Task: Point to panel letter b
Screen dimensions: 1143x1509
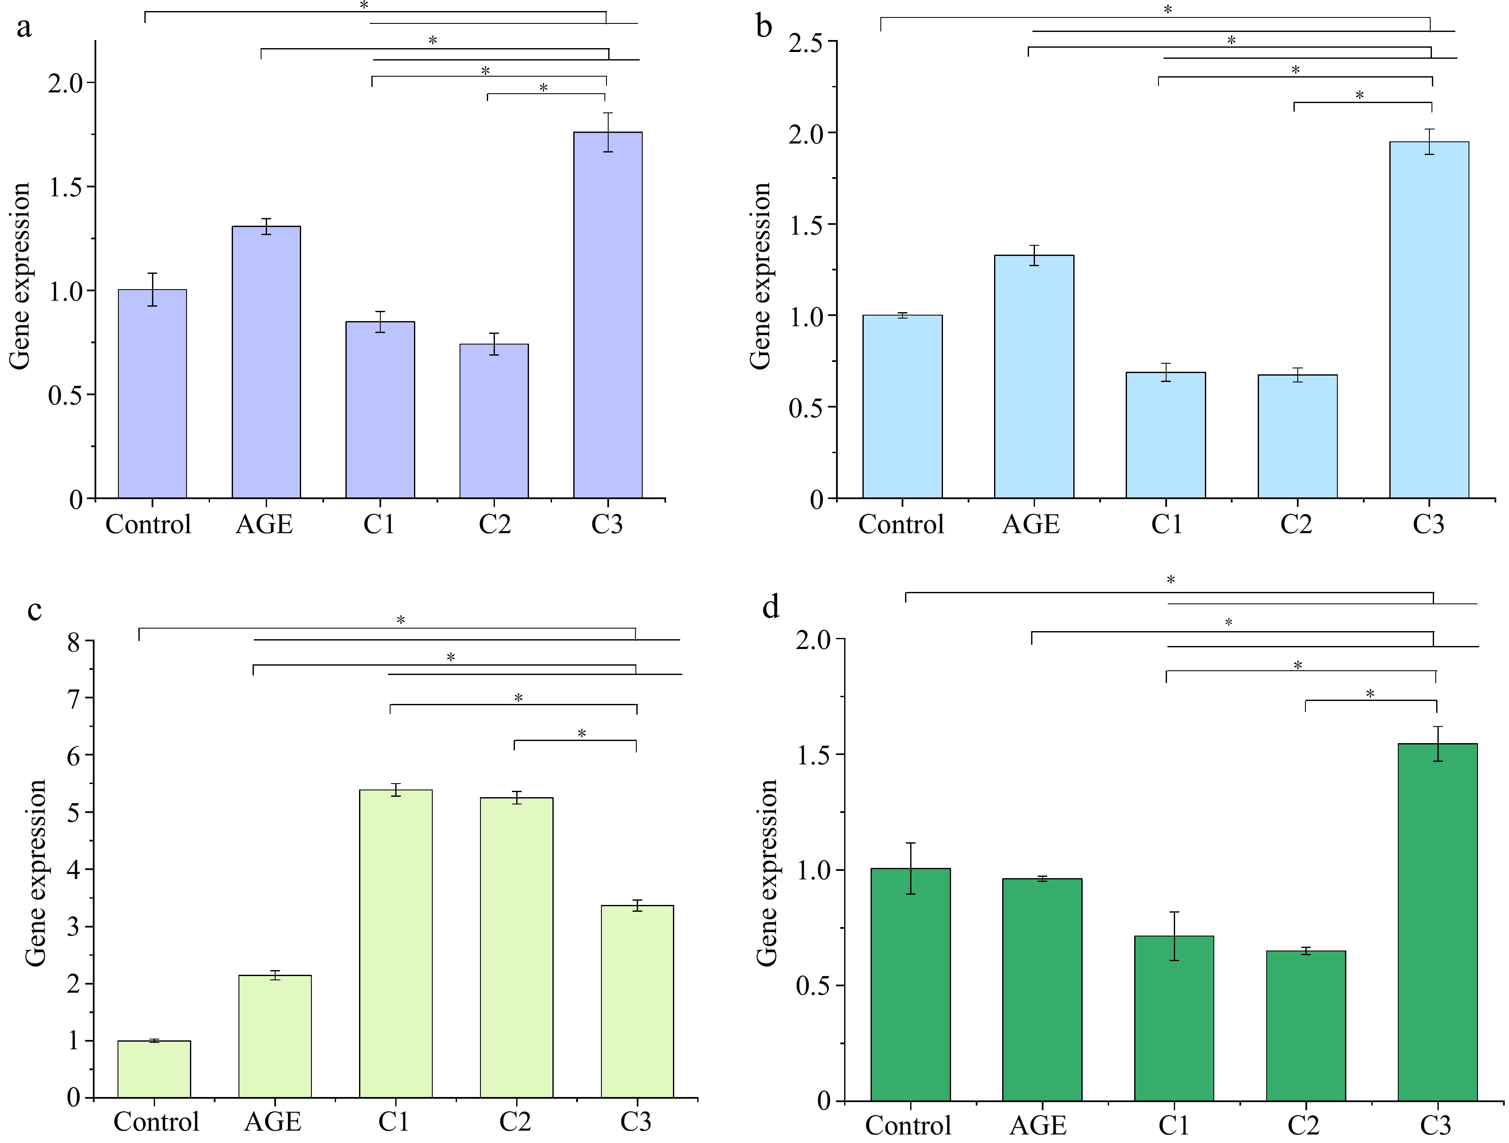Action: pyautogui.click(x=764, y=27)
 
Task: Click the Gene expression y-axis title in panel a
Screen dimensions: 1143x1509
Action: pyautogui.click(x=20, y=276)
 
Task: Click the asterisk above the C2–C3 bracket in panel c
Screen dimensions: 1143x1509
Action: pyautogui.click(x=582, y=733)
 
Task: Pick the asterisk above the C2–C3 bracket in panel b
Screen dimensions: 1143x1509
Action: pyautogui.click(x=1360, y=95)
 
